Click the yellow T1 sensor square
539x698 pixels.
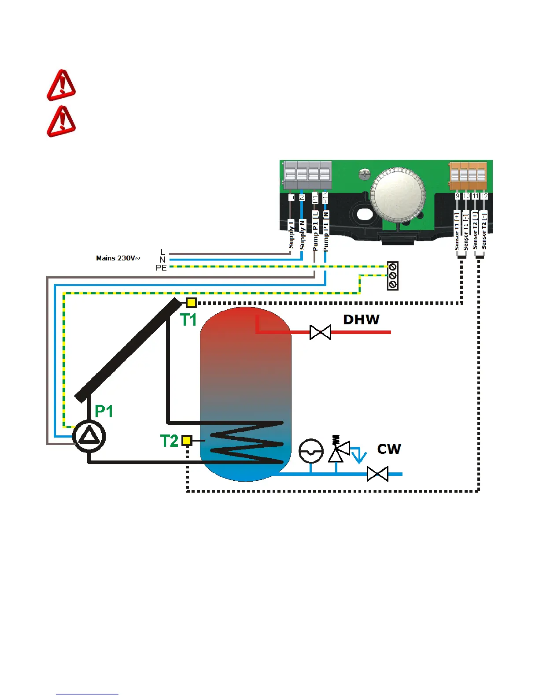click(x=191, y=303)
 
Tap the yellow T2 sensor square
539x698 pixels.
click(x=187, y=440)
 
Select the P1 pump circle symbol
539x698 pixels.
click(x=89, y=436)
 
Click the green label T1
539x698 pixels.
click(x=188, y=320)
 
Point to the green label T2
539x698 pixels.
click(x=169, y=441)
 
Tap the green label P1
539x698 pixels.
click(x=104, y=411)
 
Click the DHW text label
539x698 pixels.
click(x=361, y=319)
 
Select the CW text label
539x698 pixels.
click(x=389, y=449)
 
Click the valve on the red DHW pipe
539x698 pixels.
click(x=320, y=332)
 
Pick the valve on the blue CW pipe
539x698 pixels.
click(x=377, y=475)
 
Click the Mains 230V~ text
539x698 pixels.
click(x=118, y=258)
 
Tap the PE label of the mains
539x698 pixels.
click(x=161, y=268)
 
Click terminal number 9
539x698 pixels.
click(x=458, y=196)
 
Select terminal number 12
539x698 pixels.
click(x=484, y=196)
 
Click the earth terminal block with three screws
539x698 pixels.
click(x=392, y=276)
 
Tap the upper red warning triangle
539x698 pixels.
click(x=62, y=85)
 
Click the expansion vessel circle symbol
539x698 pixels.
click(x=311, y=451)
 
